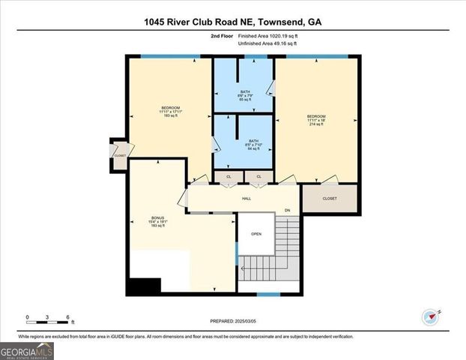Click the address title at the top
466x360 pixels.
[x=232, y=22]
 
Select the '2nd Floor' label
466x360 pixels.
[x=223, y=36]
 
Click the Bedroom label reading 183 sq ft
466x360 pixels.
[x=170, y=112]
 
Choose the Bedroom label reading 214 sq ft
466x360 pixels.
[x=315, y=120]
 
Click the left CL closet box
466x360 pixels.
[x=229, y=177]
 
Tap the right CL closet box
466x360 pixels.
[x=258, y=177]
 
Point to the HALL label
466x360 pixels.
[x=246, y=199]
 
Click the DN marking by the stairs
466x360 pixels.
[x=286, y=210]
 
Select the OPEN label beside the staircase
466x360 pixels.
[x=255, y=233]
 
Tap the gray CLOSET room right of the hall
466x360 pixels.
[x=330, y=199]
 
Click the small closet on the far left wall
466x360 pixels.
[x=119, y=154]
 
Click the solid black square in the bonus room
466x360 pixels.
[x=144, y=286]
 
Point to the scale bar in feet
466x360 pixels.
[x=47, y=322]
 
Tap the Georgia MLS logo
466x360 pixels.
[x=27, y=350]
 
